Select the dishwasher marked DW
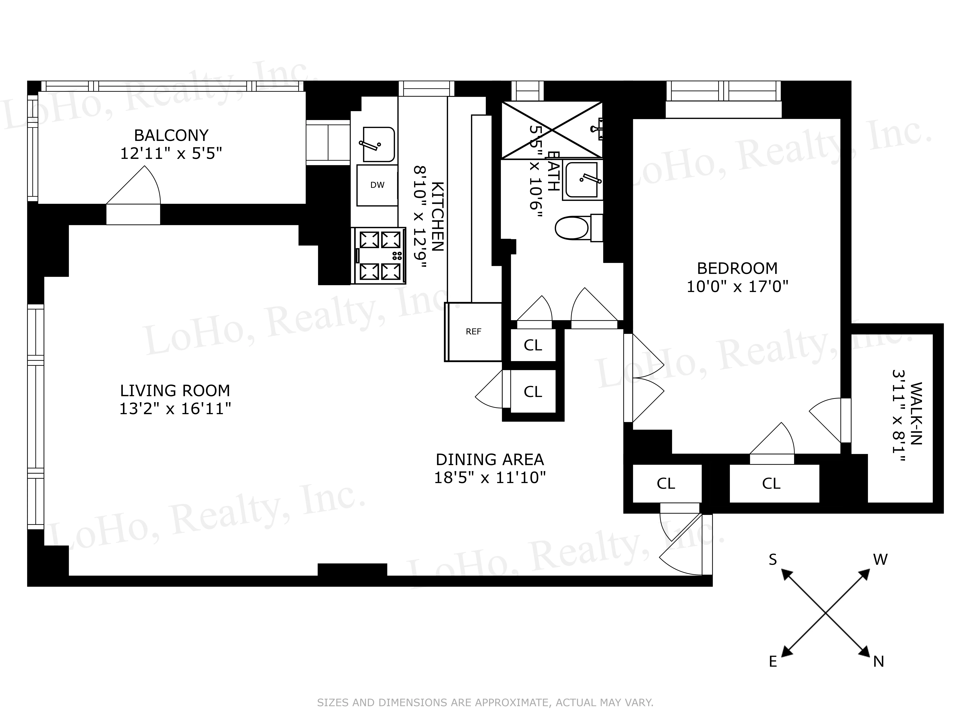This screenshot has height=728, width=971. pyautogui.click(x=377, y=185)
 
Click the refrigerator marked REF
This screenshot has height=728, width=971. pyautogui.click(x=473, y=332)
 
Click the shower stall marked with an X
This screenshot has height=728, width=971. pyautogui.click(x=552, y=130)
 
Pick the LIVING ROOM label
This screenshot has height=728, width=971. pyautogui.click(x=175, y=391)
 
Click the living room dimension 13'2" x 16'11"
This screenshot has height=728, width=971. pyautogui.click(x=175, y=409)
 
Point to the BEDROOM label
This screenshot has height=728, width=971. pyautogui.click(x=737, y=268)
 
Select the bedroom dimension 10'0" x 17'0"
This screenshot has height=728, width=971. pyautogui.click(x=737, y=287)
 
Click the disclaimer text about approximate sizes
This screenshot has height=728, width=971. pyautogui.click(x=485, y=703)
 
